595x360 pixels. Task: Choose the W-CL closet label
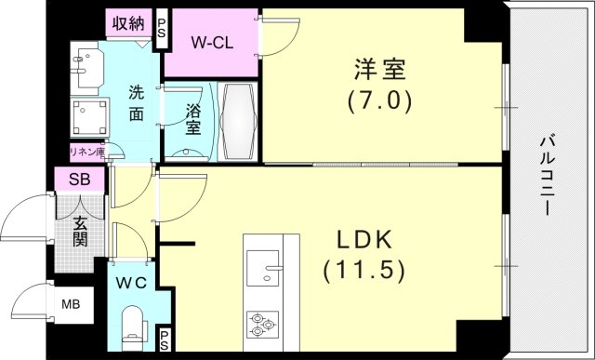point(211,42)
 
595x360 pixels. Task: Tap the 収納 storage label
point(127,23)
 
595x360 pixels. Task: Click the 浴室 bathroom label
point(192,119)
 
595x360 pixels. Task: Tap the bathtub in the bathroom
point(243,121)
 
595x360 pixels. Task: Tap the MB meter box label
point(71,304)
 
